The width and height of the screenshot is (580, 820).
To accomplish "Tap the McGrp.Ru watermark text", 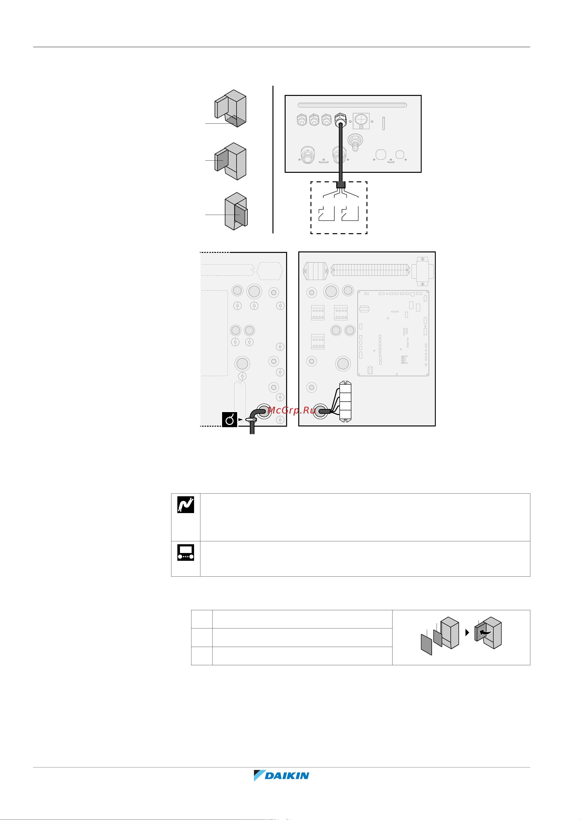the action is (291, 410).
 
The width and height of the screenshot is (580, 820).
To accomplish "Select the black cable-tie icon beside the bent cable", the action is (229, 419).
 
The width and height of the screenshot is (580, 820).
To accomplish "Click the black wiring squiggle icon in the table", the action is (186, 505).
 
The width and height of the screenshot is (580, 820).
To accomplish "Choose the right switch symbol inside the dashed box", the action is (350, 213).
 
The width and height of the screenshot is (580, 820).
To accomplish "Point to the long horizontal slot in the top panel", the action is (352, 105).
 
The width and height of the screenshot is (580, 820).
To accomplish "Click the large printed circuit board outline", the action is (393, 333).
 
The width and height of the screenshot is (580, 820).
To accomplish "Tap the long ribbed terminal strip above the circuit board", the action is (370, 270).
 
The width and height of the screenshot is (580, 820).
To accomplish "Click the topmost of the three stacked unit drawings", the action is (231, 108).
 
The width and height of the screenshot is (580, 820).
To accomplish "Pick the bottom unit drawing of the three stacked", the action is (236, 211).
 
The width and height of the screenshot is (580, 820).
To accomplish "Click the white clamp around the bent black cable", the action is (251, 420).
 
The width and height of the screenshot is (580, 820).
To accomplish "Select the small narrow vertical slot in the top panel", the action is (384, 123).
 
